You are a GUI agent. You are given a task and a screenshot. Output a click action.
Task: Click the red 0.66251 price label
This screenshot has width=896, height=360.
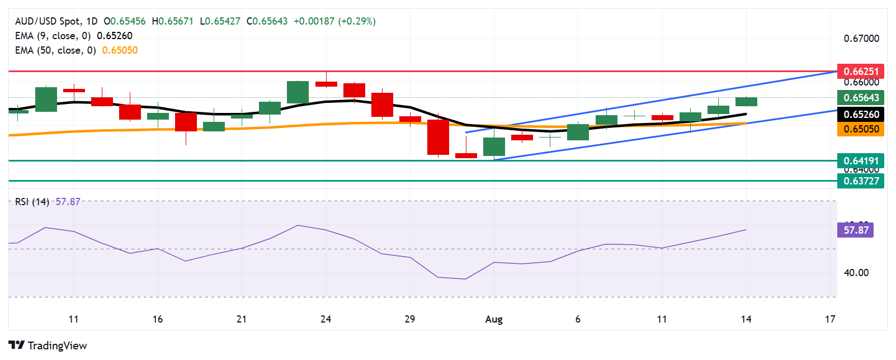861,71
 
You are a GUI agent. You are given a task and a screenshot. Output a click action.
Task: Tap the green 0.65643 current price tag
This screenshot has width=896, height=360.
861,97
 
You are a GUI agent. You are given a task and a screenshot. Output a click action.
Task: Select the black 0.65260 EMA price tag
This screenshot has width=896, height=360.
861,114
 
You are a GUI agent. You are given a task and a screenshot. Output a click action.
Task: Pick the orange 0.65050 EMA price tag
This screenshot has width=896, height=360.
861,129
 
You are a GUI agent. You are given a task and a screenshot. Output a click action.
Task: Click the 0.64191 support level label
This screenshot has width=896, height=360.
861,160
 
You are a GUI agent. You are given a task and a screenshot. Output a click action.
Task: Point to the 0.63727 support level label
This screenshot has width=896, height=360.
861,181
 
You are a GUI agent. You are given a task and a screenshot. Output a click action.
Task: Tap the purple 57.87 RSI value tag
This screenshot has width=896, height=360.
856,230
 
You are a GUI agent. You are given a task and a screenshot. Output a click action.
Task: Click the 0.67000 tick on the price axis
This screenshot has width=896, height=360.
861,39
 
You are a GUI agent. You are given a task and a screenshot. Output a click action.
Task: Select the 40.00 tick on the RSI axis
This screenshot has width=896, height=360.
856,273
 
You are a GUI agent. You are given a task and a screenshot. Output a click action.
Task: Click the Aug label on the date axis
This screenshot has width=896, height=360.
494,319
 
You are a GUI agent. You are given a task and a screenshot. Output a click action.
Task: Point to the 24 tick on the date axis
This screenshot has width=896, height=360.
326,319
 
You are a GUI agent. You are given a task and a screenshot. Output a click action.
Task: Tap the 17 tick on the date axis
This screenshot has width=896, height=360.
830,319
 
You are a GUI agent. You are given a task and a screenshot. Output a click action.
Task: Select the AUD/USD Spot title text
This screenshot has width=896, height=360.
48,21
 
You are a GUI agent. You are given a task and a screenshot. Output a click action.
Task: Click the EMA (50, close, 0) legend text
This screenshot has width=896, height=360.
55,50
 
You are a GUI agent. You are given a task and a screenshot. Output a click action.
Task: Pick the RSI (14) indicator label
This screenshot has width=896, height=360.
32,202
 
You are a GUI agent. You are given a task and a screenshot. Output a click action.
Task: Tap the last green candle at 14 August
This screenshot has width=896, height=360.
746,101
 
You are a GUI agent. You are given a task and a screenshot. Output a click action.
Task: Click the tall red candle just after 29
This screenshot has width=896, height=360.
438,137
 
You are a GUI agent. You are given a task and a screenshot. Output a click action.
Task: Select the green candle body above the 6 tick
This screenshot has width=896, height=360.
578,132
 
